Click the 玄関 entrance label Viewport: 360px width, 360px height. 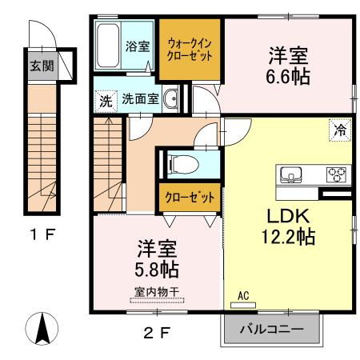pyautogui.click(x=42, y=66)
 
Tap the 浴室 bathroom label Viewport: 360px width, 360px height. pyautogui.click(x=138, y=46)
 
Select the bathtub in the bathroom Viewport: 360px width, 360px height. pyautogui.click(x=108, y=47)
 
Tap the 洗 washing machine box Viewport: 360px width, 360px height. pyautogui.click(x=106, y=101)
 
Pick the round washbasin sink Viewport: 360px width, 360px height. pyautogui.click(x=170, y=100)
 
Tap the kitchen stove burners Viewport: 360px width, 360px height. pyautogui.click(x=335, y=174)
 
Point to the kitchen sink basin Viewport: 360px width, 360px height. pyautogui.click(x=288, y=174)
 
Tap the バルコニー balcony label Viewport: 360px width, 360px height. pyautogui.click(x=272, y=329)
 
